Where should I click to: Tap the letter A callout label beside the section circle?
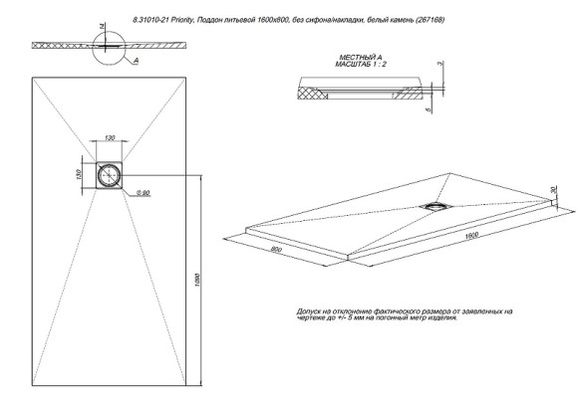136,62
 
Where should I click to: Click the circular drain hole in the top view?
109,174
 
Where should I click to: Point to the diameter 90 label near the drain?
143,190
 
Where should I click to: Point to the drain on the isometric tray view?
436,205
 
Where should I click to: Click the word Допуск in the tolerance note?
310,311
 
